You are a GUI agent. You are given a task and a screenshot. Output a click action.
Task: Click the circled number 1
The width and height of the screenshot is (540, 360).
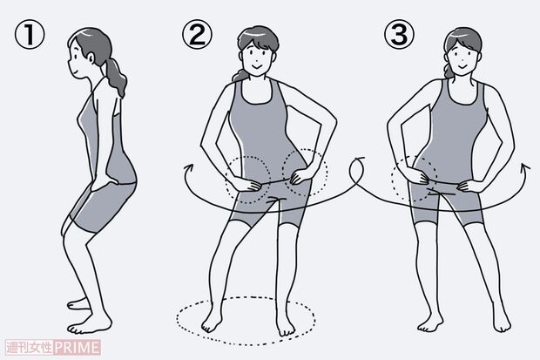(30, 34)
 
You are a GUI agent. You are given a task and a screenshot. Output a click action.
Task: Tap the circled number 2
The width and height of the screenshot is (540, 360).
(198, 34)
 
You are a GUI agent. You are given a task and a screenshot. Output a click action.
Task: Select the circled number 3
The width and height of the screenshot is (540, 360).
(399, 34)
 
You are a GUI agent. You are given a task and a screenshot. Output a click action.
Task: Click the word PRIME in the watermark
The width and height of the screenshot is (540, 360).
(78, 347)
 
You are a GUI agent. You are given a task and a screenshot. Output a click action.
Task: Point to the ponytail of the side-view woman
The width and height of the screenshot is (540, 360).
(116, 77)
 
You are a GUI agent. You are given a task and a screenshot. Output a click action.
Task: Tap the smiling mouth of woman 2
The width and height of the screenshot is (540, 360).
(256, 65)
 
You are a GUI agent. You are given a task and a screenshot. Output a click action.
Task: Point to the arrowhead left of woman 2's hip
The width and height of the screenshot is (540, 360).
(188, 168)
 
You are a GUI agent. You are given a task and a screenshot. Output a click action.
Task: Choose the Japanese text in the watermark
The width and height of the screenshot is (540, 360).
(30, 347)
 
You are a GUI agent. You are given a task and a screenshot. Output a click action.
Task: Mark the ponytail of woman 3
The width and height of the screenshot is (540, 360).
(448, 68)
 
